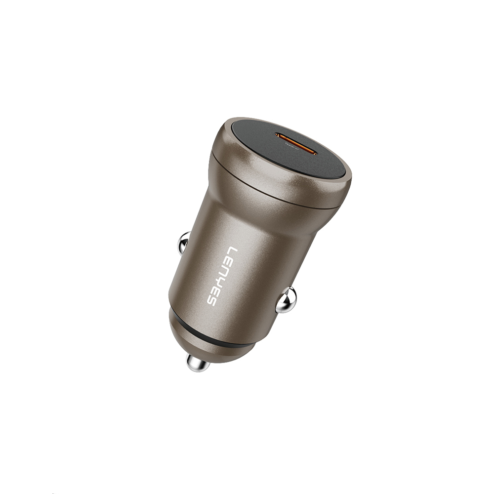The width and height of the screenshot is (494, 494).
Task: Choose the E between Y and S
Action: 217,291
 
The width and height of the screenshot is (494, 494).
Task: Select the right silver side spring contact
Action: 286,300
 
